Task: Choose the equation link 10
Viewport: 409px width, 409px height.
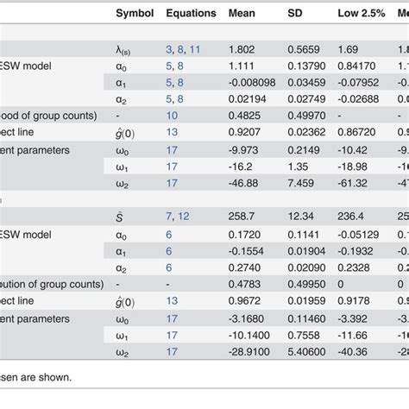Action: click(x=172, y=115)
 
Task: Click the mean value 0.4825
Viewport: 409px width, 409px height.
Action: click(x=245, y=115)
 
